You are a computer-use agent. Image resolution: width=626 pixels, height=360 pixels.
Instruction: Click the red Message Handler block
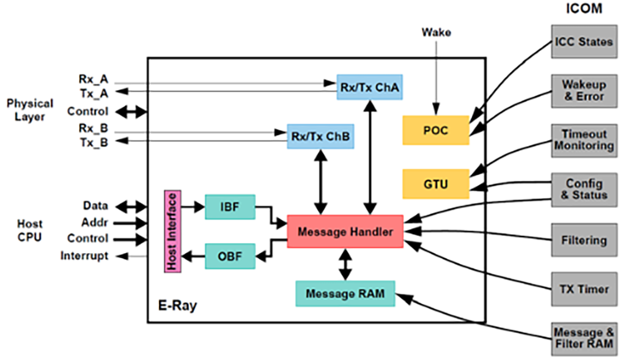coord(345,232)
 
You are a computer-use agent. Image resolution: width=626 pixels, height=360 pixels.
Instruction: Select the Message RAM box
coord(345,293)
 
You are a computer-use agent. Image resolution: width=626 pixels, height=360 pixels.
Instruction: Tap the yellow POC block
coord(435,130)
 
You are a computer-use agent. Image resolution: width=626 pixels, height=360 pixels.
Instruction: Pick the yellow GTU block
coord(435,184)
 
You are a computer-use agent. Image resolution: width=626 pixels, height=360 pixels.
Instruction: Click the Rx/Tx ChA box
coord(369,86)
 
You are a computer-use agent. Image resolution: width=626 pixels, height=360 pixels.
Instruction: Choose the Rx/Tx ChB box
coord(320,136)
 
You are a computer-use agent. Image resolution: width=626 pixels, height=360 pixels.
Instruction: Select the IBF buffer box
coord(229,208)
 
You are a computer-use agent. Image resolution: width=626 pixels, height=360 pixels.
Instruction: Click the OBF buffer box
coord(229,257)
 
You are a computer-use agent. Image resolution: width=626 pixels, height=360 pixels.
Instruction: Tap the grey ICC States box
coord(583,42)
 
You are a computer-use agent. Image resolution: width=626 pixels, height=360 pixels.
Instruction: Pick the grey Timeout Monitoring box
coord(583,140)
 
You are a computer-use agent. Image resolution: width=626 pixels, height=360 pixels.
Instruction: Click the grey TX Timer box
coord(583,288)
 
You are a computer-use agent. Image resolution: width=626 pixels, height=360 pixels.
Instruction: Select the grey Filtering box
coord(583,240)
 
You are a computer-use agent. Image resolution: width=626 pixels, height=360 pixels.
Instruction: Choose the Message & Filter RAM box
coord(583,338)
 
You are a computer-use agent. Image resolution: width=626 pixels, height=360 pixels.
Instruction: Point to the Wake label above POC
coord(436,32)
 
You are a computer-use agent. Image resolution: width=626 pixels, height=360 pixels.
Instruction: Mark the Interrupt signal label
coord(84,255)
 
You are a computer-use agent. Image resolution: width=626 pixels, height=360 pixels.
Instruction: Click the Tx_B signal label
coord(94,142)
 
